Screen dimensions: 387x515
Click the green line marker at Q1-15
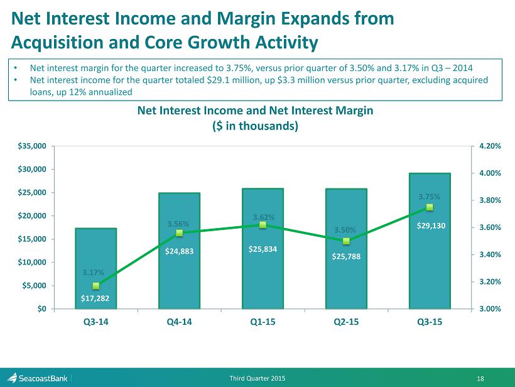pyautogui.click(x=263, y=225)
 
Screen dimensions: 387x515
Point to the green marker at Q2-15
pyautogui.click(x=346, y=241)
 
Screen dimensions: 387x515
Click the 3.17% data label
pyautogui.click(x=93, y=273)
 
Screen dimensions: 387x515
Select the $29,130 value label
pyautogui.click(x=431, y=226)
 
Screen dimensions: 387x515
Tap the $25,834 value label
pyautogui.click(x=263, y=249)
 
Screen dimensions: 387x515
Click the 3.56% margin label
pyautogui.click(x=178, y=223)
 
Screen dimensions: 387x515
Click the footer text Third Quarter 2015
pyautogui.click(x=257, y=377)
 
